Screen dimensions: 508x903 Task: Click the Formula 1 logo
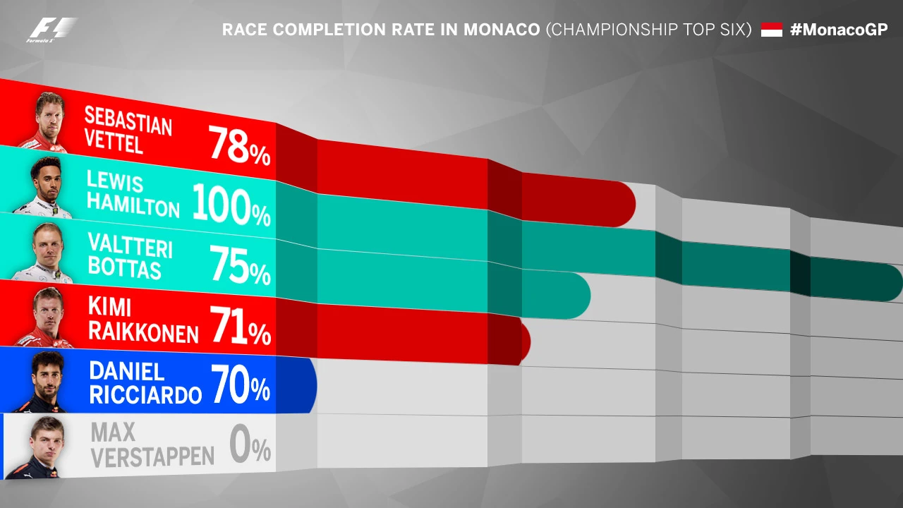pyautogui.click(x=51, y=30)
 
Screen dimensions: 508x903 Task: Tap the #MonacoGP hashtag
pyautogui.click(x=839, y=30)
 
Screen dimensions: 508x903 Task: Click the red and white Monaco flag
pyautogui.click(x=772, y=30)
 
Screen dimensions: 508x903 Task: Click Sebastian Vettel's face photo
pyautogui.click(x=49, y=120)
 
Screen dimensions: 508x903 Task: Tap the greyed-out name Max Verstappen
pyautogui.click(x=152, y=445)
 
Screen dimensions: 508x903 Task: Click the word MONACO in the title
pyautogui.click(x=501, y=30)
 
